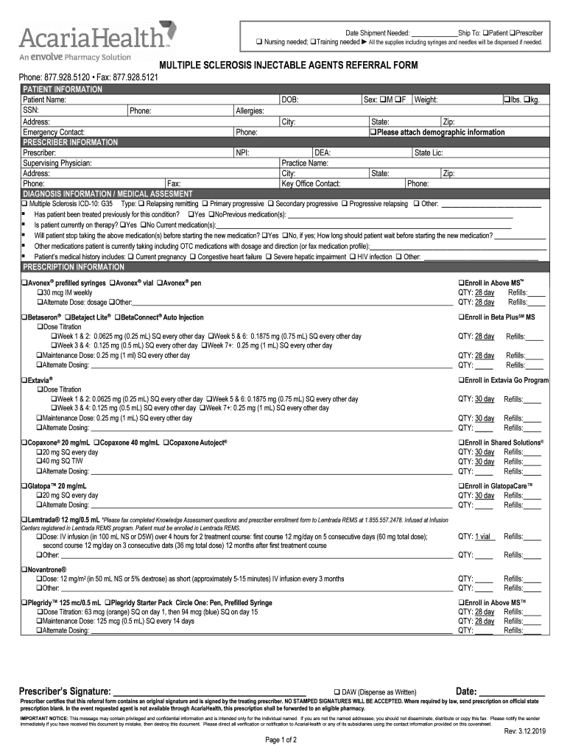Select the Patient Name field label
click(x=44, y=99)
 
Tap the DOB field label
click(x=289, y=99)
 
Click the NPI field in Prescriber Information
click(x=243, y=153)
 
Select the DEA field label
click(x=323, y=153)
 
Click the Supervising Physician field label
click(x=60, y=163)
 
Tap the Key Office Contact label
click(x=311, y=184)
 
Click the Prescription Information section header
click(x=74, y=267)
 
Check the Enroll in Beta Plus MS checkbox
click(x=461, y=317)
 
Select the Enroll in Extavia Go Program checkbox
click(x=461, y=380)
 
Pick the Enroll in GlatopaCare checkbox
click(x=461, y=487)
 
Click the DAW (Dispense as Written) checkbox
click(x=337, y=691)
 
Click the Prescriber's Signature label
click(x=65, y=691)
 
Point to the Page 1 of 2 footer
click(x=279, y=740)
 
